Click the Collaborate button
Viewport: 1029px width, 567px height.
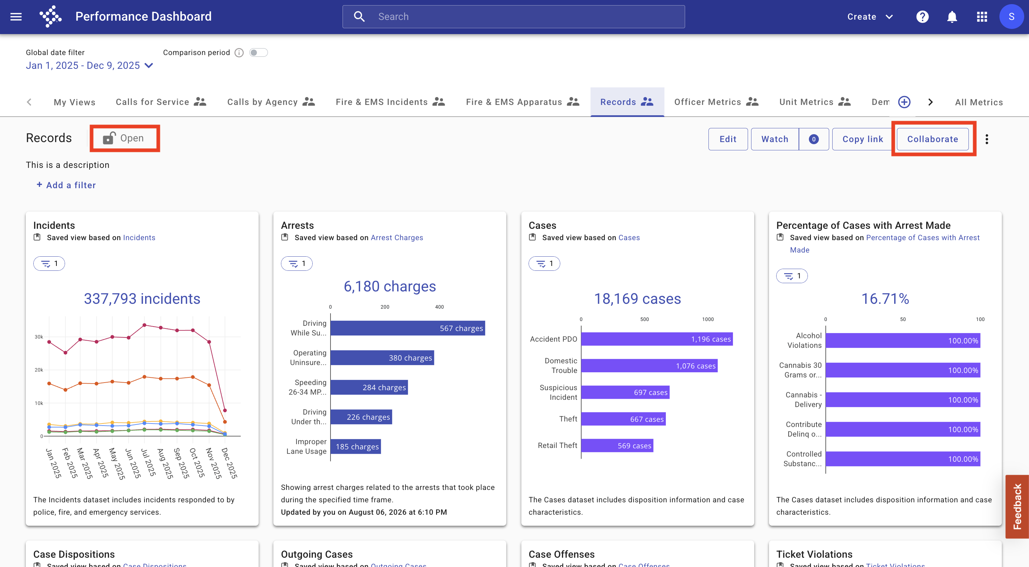932,139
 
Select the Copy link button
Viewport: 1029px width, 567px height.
863,139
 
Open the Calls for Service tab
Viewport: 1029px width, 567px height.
161,102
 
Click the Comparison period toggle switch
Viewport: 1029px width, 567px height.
258,53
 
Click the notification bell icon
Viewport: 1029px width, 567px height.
952,17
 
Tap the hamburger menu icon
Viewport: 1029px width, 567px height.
16,17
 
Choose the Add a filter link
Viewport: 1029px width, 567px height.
66,185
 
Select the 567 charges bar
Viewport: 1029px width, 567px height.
408,328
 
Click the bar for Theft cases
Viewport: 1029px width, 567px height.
624,419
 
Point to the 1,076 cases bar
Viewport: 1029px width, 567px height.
650,366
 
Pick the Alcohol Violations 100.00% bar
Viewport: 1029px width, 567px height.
903,340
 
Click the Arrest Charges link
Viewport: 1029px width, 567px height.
397,237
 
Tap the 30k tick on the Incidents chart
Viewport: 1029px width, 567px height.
39,337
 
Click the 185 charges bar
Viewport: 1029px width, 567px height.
356,446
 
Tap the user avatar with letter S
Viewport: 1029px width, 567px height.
1011,17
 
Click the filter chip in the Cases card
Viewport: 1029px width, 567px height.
544,263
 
